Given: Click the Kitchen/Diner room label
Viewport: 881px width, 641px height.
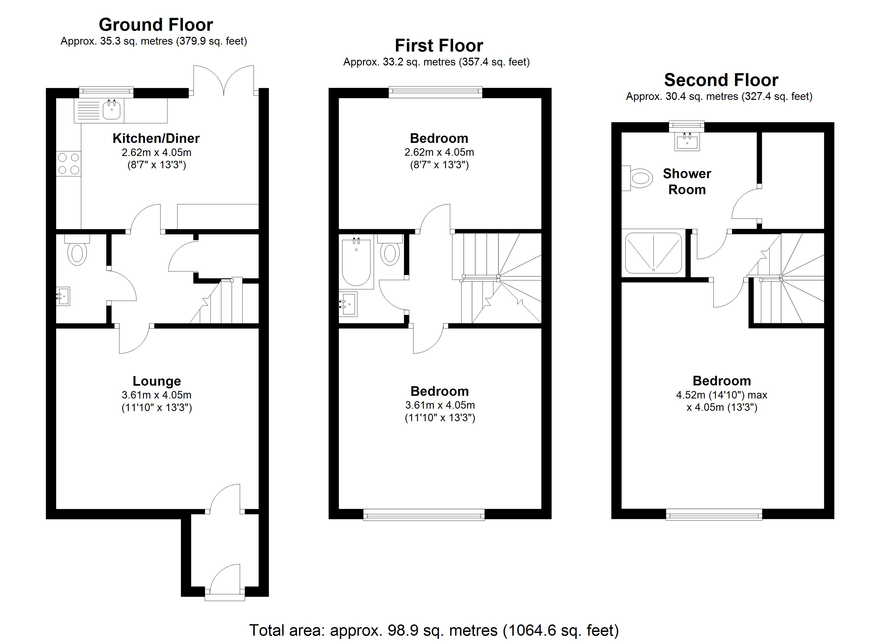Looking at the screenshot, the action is click(x=156, y=138).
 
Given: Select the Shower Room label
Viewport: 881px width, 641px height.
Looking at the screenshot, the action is click(x=687, y=182).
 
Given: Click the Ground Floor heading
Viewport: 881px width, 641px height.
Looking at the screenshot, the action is click(x=156, y=25).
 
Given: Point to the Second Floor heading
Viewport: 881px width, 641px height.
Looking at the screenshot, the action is click(x=721, y=80).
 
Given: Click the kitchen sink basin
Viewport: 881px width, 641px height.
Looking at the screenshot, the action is click(x=112, y=109).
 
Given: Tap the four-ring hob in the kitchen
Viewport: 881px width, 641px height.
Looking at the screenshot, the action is click(x=69, y=164).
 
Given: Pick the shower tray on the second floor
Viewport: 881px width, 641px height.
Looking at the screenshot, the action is click(x=653, y=253).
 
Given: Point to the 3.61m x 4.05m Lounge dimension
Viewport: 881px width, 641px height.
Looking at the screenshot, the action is click(x=156, y=395).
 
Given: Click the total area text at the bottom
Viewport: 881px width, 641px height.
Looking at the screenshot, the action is click(x=434, y=630).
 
